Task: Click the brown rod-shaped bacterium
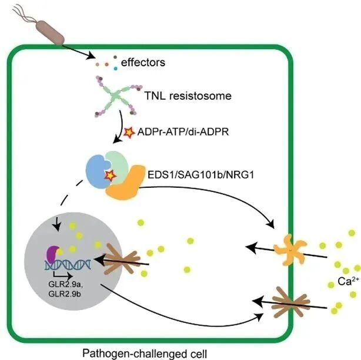click(x=50, y=32)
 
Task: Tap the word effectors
click(x=143, y=62)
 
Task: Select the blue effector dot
click(x=115, y=68)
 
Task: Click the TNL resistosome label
click(x=188, y=96)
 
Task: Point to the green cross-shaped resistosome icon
click(x=115, y=96)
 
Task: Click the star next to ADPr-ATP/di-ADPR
click(x=129, y=133)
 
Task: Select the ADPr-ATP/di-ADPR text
click(x=183, y=132)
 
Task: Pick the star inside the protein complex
click(x=110, y=176)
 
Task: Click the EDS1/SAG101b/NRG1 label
click(x=200, y=175)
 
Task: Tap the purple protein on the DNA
click(x=53, y=254)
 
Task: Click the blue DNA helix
click(x=68, y=265)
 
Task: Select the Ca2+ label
click(x=348, y=281)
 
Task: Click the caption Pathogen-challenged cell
click(x=145, y=354)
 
